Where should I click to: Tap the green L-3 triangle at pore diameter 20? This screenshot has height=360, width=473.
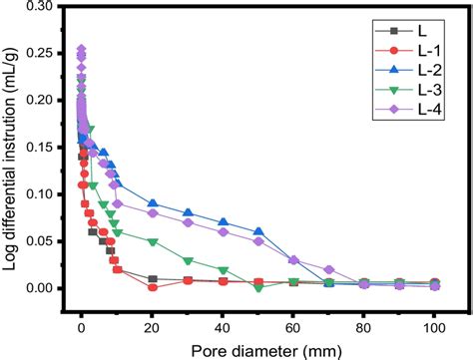coord(153,241)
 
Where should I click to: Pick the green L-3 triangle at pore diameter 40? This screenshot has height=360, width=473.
coord(224,269)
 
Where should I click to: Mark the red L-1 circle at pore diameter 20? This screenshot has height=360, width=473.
coord(153,287)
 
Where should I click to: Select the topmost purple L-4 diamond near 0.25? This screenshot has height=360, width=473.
coord(82,49)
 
